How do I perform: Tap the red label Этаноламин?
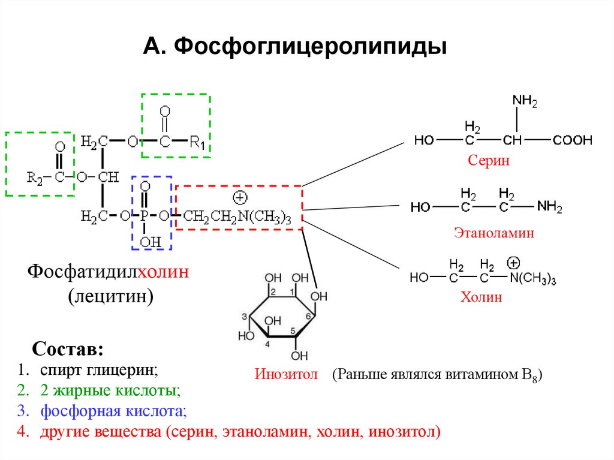tap(493, 233)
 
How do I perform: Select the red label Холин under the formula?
tap(481, 297)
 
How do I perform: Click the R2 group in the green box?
tap(35, 178)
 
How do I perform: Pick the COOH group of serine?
tap(572, 140)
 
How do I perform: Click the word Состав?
tap(67, 348)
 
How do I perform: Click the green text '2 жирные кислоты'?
tap(110, 390)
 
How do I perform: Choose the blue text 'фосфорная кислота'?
tap(113, 411)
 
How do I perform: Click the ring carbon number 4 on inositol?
tap(267, 344)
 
